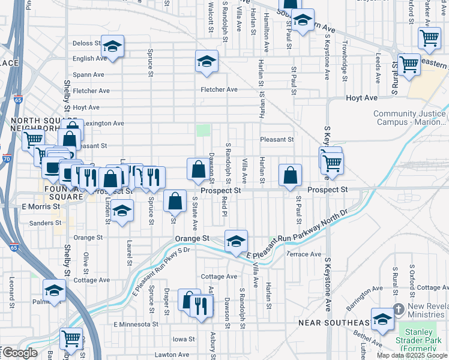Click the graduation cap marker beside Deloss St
(112, 46)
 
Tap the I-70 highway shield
(6, 159)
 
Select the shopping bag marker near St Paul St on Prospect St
(290, 175)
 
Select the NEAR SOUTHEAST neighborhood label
(336, 323)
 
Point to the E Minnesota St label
(136, 324)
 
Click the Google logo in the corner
(20, 353)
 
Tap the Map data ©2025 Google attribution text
(412, 355)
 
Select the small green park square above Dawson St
(204, 130)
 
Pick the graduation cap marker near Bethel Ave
(382, 319)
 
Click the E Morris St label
(41, 206)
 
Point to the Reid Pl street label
(224, 204)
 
